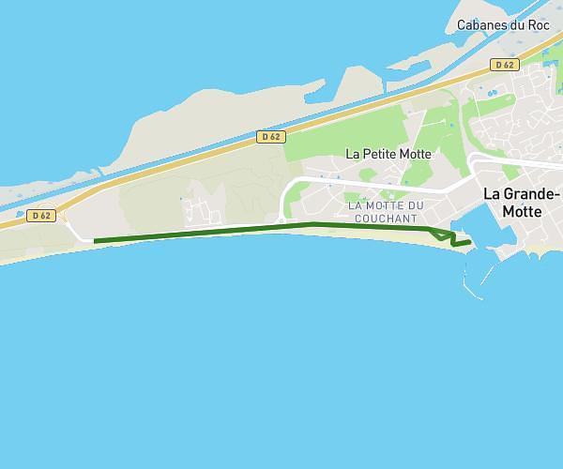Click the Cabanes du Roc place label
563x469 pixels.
click(502, 25)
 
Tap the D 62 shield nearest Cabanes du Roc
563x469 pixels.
click(504, 65)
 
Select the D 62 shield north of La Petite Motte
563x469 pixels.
click(270, 136)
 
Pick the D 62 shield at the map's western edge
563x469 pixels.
click(40, 215)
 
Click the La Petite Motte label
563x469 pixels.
click(388, 153)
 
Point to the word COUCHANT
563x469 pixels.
click(386, 219)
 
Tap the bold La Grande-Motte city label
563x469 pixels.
click(521, 203)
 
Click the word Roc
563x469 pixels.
click(539, 25)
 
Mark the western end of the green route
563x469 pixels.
click(95, 241)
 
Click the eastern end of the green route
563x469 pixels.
click(470, 242)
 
